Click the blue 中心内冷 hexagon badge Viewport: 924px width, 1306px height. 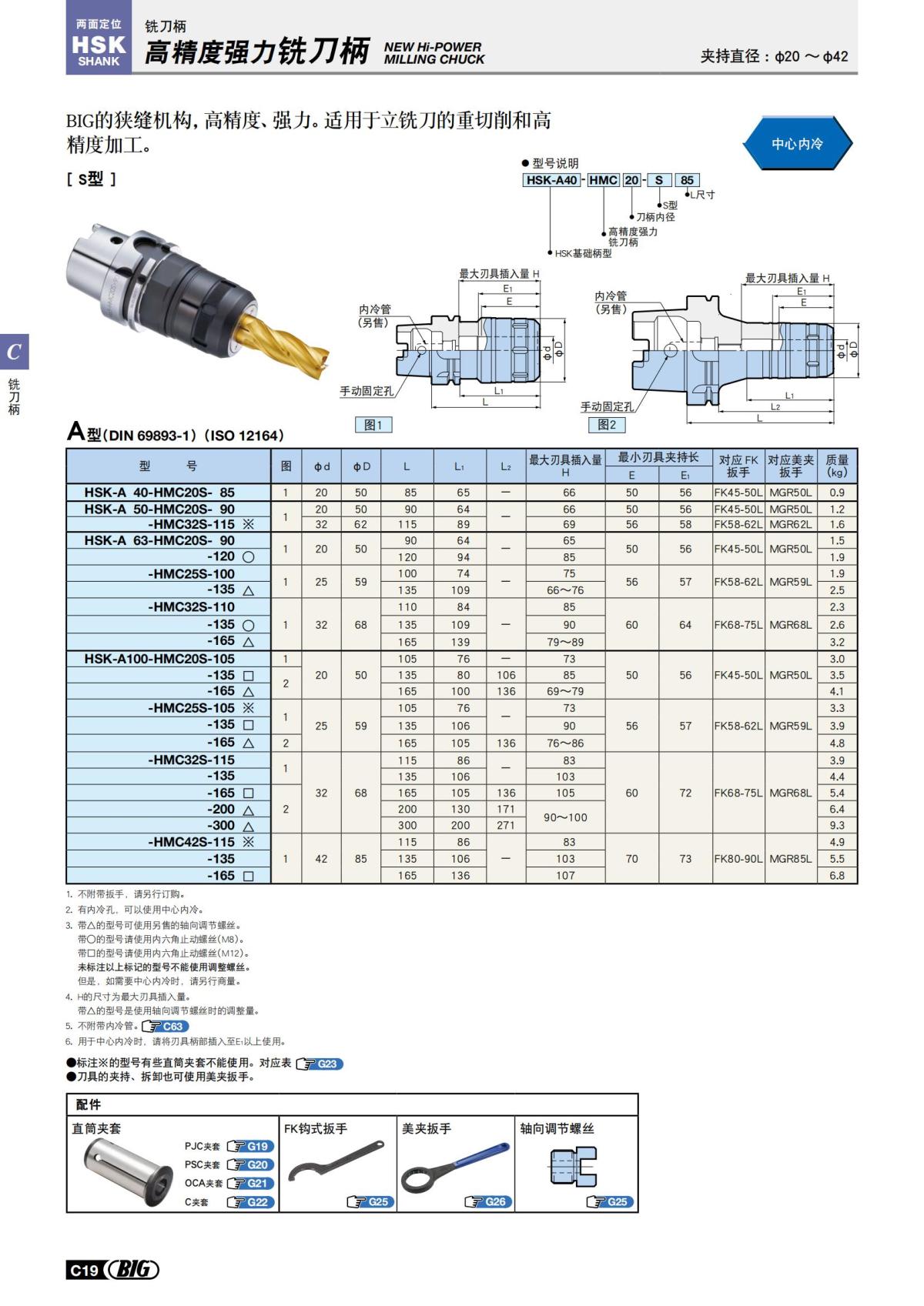[x=797, y=143]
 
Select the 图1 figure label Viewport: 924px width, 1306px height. [x=373, y=425]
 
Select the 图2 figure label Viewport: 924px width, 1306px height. [x=607, y=425]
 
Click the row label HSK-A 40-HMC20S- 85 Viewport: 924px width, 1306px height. [x=159, y=493]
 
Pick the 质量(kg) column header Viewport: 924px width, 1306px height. [x=837, y=466]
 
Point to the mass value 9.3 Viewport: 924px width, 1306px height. [x=837, y=825]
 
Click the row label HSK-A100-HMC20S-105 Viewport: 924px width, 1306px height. [x=159, y=659]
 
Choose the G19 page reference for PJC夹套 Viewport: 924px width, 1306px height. [x=251, y=1146]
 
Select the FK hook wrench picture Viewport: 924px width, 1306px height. [x=335, y=1162]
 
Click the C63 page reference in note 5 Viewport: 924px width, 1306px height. [x=166, y=1026]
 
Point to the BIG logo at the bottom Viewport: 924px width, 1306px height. [x=132, y=1270]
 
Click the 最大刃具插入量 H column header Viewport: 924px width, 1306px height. [x=565, y=466]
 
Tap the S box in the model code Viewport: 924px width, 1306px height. [x=658, y=180]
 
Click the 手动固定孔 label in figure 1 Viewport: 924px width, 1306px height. [x=367, y=391]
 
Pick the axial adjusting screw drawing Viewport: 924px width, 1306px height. [x=574, y=1166]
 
